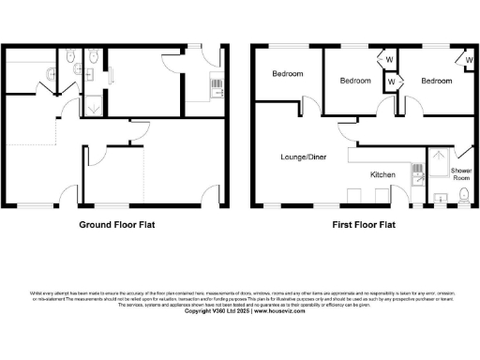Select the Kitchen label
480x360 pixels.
click(383, 174)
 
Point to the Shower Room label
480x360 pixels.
click(461, 173)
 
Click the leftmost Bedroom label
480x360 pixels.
click(287, 74)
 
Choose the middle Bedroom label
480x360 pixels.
click(355, 81)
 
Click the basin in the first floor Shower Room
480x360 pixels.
click(441, 198)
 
